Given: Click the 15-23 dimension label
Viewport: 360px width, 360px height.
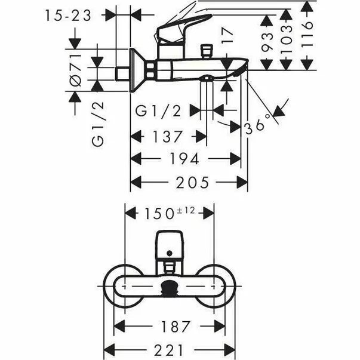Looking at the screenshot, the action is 68,16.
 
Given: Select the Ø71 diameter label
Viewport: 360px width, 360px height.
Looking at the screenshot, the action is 76,70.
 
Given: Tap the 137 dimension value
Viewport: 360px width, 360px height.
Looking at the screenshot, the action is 168,136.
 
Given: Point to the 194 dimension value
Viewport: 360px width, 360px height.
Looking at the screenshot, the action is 184,159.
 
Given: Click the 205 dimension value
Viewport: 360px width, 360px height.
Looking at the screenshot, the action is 192,182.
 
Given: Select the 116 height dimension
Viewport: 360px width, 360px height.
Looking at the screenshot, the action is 307,35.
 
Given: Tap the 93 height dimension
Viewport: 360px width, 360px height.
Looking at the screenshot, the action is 267,41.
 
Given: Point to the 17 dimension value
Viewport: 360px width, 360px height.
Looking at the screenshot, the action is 227,35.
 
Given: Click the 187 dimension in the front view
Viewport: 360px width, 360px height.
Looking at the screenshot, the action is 176,327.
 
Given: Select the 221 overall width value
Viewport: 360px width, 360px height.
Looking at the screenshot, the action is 169,350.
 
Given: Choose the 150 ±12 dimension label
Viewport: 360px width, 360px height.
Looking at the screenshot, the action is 170,213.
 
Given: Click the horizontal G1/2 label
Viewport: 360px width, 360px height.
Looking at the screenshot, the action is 158,111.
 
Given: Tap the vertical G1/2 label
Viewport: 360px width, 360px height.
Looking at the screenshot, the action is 98,124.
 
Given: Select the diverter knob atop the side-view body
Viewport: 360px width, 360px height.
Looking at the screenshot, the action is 207,51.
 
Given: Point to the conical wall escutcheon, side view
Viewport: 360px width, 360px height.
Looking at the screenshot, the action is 137,70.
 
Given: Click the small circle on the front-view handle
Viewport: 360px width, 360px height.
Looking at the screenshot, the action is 170,254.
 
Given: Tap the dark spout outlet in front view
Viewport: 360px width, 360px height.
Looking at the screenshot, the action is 170,288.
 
